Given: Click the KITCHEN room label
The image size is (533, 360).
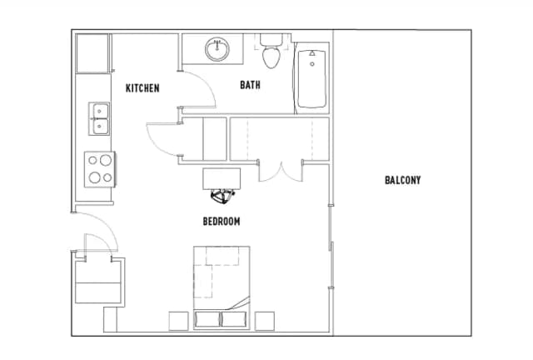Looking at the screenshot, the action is click(142, 88).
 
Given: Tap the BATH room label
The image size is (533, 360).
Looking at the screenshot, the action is click(250, 85).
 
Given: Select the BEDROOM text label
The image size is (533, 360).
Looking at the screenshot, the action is click(222, 222).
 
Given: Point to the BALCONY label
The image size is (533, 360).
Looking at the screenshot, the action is click(403, 180).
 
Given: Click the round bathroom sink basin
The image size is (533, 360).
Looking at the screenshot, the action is click(217, 49).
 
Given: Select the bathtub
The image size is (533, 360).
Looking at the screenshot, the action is click(311, 78).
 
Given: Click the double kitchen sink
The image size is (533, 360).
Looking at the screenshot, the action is click(99, 118).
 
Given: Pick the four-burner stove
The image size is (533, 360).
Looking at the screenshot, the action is click(100, 169).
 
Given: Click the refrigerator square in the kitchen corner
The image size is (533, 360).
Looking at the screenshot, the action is click(92, 53).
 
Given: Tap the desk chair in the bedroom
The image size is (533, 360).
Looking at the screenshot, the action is click(222, 197).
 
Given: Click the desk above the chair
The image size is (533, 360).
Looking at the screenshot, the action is click(222, 178).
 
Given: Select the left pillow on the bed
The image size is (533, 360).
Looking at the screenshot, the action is click(207, 319).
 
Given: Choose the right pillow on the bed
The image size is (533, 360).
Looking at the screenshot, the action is click(234, 319).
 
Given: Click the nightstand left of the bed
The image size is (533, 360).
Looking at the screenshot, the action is click(178, 321).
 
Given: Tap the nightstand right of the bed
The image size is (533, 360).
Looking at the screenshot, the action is click(265, 321).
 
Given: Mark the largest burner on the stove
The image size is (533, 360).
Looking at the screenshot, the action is click(106, 160).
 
